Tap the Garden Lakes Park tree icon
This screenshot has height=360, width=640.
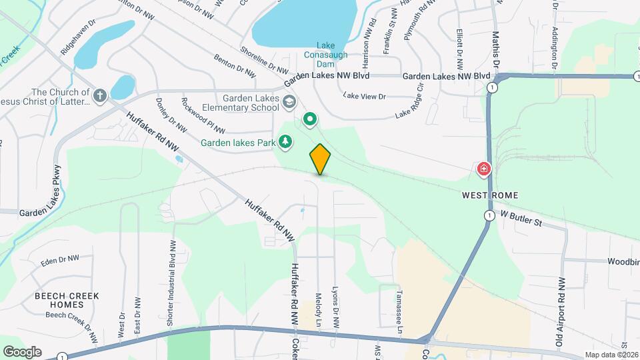tap(285, 141)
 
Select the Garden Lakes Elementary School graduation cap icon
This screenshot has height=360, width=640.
tap(289, 101)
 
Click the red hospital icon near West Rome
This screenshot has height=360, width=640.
tap(483, 170)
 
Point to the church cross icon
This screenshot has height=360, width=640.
tap(100, 95)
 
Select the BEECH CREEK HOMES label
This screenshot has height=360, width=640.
tap(67, 300)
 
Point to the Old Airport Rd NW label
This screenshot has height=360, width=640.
tap(561, 312)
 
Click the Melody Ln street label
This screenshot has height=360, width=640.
tap(319, 311)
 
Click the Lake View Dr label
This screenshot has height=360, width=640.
tap(365, 96)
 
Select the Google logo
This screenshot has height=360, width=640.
tap(21, 351)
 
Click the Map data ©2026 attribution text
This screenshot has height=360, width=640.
tap(610, 355)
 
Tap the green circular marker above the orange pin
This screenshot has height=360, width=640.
tap(310, 120)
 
